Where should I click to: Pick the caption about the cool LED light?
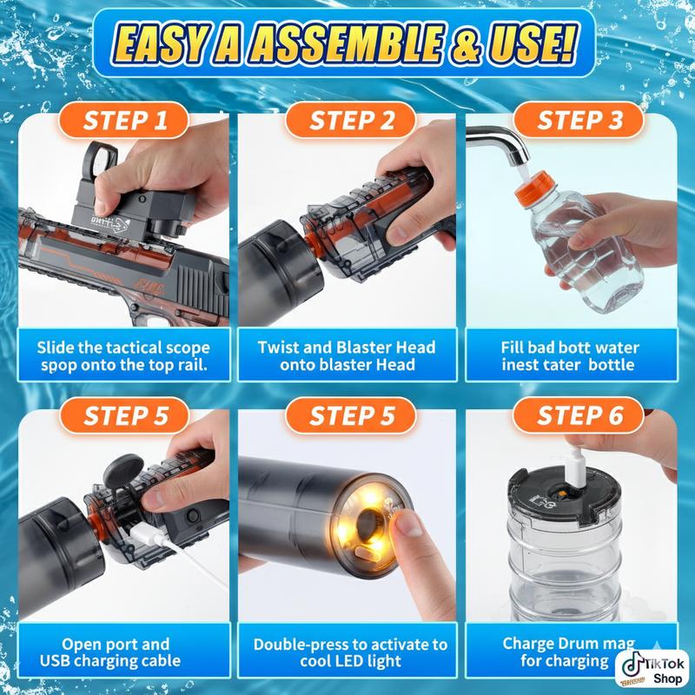pyautogui.click(x=349, y=652)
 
